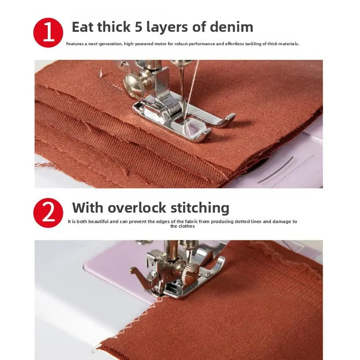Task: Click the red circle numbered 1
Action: tap(48, 33)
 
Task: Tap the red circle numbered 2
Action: tap(48, 213)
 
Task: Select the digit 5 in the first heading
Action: tap(139, 27)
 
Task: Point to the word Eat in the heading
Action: tap(83, 27)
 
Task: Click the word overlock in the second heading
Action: tap(137, 208)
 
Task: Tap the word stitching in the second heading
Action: tap(200, 208)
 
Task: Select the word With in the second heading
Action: tap(88, 208)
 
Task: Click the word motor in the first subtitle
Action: tap(160, 44)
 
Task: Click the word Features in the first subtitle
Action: tap(75, 44)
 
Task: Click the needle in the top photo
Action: tap(183, 92)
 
